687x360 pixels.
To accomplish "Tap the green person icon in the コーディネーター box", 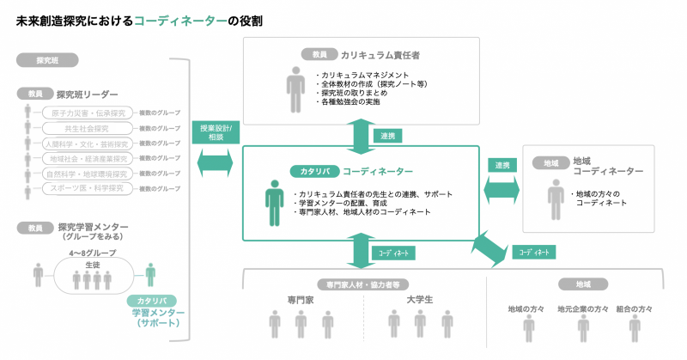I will (x=274, y=203).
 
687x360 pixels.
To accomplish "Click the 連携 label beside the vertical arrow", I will (x=386, y=136).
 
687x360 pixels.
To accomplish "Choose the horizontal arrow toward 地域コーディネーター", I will (x=502, y=187).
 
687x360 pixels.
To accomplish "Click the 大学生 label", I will (x=419, y=300).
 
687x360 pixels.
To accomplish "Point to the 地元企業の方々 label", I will (x=582, y=308).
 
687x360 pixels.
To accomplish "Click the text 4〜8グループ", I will (x=93, y=253).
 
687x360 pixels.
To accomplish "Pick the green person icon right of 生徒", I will (x=150, y=275).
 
